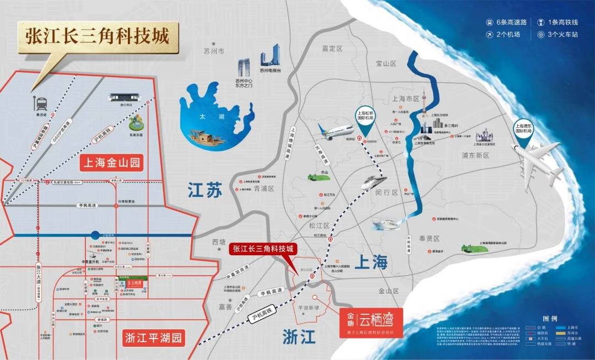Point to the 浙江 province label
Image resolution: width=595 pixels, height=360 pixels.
click(x=299, y=336)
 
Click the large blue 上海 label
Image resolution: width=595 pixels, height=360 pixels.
click(x=371, y=262)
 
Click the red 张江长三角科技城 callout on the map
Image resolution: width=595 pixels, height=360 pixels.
click(x=263, y=249)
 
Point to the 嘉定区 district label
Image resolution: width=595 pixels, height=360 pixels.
click(x=332, y=49)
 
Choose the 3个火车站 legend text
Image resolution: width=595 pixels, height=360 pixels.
click(x=562, y=35)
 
